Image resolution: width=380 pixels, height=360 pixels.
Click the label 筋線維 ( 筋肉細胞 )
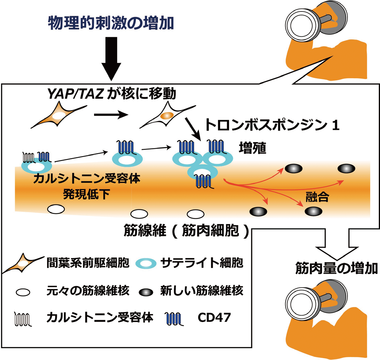(x=186, y=231)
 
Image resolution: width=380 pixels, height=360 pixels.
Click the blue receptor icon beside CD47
(x=173, y=317)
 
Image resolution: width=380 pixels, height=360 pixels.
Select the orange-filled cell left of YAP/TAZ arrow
(x=59, y=115)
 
